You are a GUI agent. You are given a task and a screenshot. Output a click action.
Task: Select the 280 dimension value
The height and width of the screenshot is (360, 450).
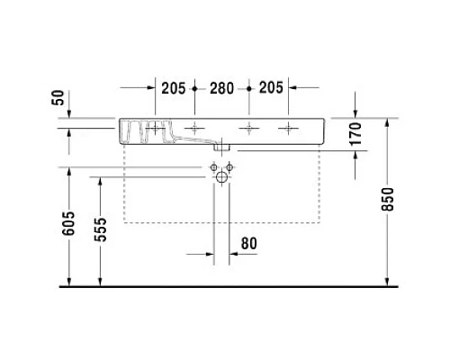221,88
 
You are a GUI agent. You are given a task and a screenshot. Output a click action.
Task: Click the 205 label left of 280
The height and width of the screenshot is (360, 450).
173,88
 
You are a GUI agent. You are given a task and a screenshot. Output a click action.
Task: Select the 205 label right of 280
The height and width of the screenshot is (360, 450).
271,88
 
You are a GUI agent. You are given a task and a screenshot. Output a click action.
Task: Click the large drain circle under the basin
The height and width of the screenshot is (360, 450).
221,178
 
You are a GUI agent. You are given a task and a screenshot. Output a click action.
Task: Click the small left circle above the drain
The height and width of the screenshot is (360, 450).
213,167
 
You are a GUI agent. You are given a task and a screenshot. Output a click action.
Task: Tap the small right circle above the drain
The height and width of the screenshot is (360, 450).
229,167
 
